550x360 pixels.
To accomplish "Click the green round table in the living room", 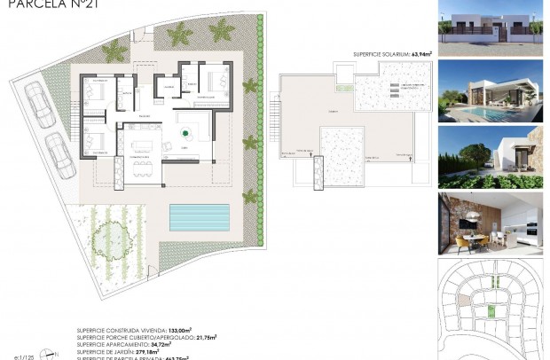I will click(185, 133).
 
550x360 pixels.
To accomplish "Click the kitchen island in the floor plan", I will click(142, 144).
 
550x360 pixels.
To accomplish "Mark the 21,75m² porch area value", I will click(204, 337).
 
